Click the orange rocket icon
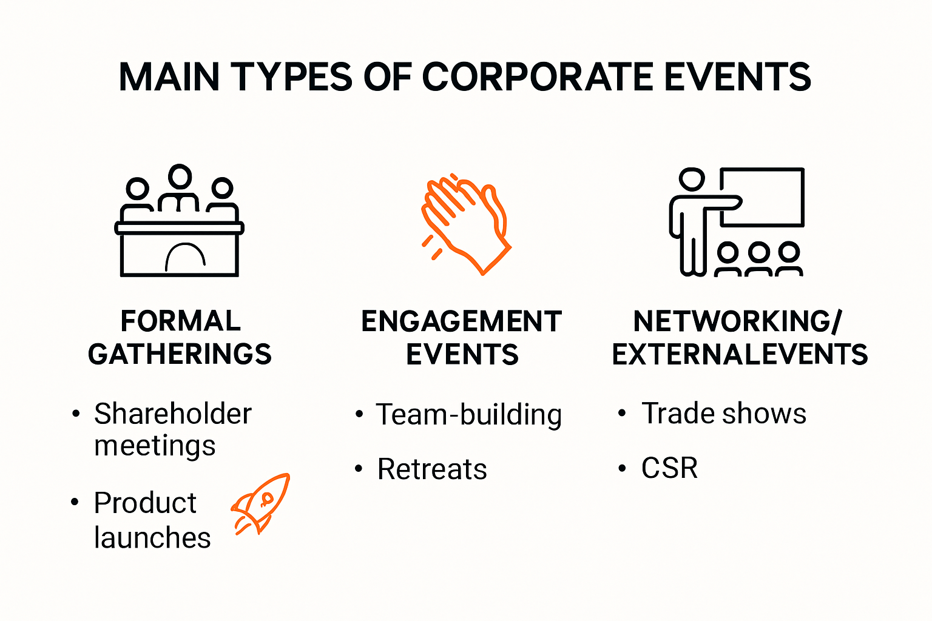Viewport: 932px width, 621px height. (x=260, y=503)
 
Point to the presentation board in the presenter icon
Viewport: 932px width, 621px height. (x=763, y=197)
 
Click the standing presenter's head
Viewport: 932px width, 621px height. (x=692, y=180)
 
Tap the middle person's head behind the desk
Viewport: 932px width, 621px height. (x=180, y=176)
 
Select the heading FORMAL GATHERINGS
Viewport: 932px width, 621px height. (x=180, y=338)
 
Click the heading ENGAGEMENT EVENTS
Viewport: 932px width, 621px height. (x=462, y=338)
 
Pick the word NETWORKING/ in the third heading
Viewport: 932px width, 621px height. (x=738, y=321)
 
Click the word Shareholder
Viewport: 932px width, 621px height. (x=173, y=414)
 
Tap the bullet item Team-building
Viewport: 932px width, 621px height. (x=468, y=415)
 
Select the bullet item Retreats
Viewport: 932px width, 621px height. (x=432, y=469)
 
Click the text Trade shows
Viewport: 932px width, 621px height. (x=724, y=414)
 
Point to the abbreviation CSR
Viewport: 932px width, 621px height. (x=670, y=468)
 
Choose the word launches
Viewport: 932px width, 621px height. (x=152, y=537)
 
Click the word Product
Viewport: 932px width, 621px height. (x=145, y=503)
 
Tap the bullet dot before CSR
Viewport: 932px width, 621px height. (x=622, y=468)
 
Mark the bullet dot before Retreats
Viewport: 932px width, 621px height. (x=359, y=469)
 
